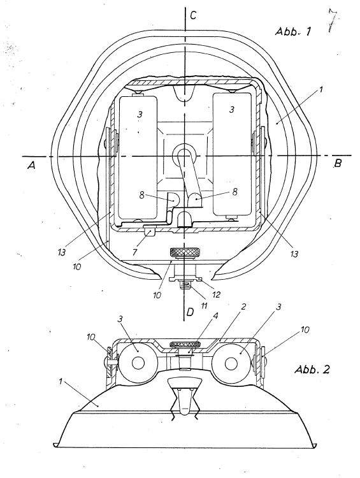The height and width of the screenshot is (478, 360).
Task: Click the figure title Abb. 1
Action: [x=293, y=31]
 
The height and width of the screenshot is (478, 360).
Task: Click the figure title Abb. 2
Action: [x=312, y=369]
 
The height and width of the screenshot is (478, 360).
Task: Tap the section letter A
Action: [x=31, y=165]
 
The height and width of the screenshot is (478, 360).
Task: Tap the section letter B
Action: [x=338, y=163]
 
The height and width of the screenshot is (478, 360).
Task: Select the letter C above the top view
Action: [x=193, y=15]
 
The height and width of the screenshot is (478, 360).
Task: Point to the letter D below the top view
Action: [x=191, y=312]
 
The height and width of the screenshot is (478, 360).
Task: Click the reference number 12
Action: [x=217, y=294]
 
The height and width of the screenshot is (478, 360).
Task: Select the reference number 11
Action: [x=204, y=305]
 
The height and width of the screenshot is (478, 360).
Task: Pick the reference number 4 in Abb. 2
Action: [x=215, y=316]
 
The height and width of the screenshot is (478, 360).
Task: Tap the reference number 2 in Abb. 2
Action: [x=243, y=307]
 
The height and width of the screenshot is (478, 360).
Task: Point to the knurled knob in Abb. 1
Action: [x=184, y=252]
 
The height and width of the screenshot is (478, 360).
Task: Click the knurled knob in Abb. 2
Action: [x=185, y=344]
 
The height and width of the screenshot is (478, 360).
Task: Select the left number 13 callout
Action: [x=62, y=252]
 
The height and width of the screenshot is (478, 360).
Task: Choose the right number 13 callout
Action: [x=294, y=254]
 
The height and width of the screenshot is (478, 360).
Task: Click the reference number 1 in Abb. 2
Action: [x=61, y=381]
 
